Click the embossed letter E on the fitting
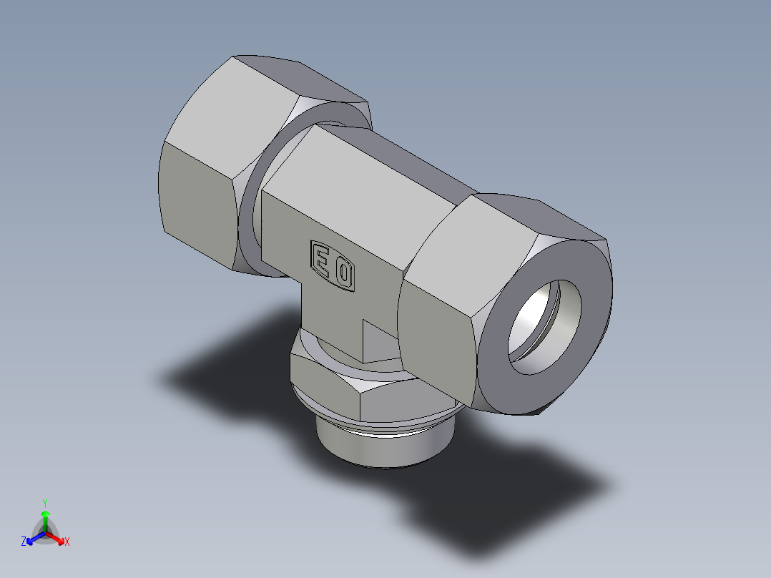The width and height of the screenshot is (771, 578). (323, 260)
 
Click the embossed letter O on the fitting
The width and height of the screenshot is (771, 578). (344, 273)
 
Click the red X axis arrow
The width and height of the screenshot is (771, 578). (57, 537)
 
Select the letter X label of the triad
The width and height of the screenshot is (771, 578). (67, 542)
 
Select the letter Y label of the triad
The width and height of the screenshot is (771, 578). (45, 503)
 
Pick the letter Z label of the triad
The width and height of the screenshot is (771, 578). (24, 542)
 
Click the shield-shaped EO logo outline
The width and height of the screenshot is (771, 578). (333, 266)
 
